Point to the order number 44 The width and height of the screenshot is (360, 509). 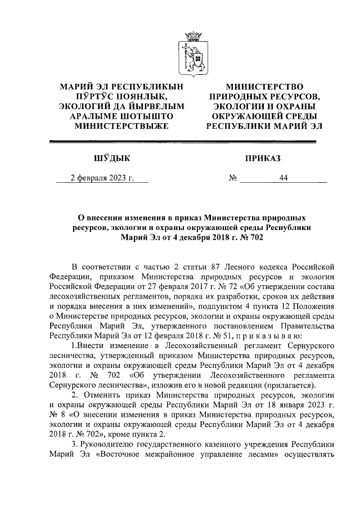[x=283, y=179]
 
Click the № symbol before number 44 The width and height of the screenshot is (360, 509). [x=233, y=179]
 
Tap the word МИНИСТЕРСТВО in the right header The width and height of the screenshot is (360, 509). [x=264, y=87]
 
